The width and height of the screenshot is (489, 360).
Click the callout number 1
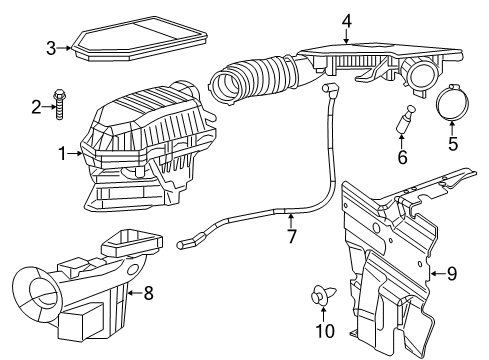point(62,154)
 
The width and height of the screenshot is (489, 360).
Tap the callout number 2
point(35,107)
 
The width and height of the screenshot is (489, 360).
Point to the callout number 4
point(346,19)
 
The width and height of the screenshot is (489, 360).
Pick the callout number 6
point(402,157)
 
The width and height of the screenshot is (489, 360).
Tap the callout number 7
point(291,238)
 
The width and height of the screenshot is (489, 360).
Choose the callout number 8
point(149,293)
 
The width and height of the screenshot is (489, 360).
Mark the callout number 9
point(451,272)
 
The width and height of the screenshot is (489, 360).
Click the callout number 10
point(322,331)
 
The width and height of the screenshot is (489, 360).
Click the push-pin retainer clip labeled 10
point(322,296)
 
